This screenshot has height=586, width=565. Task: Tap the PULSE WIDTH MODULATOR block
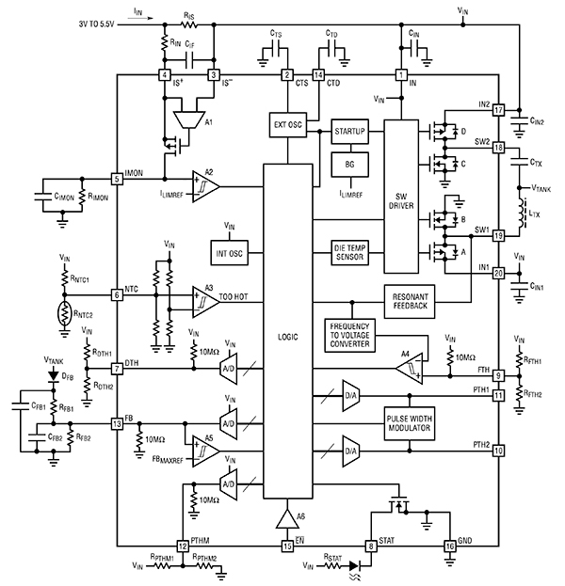coord(408,423)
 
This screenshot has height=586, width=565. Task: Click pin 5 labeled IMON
coord(117,178)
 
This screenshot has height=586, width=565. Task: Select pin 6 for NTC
coord(117,294)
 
